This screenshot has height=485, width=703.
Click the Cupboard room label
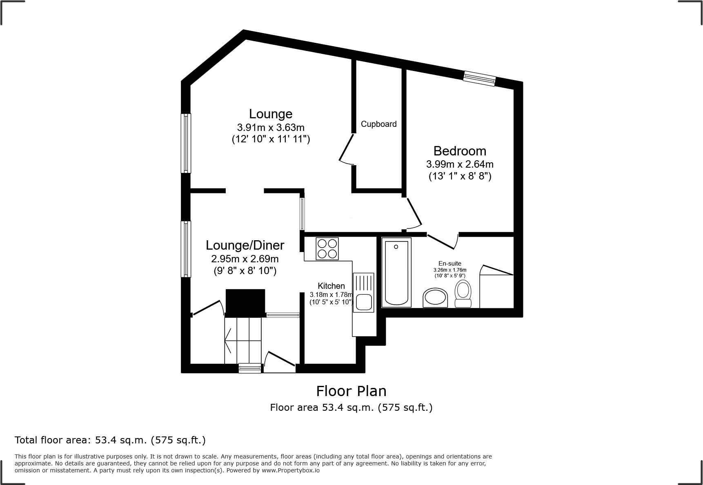[x=378, y=124]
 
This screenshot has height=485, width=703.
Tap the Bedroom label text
[x=460, y=151]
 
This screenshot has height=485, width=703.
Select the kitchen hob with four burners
[x=327, y=248]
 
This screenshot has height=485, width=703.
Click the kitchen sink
[x=363, y=302]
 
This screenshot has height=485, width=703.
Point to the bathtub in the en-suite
[x=396, y=272]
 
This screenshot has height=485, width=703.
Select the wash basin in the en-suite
[x=435, y=298]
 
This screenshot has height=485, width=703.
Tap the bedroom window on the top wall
[x=480, y=78]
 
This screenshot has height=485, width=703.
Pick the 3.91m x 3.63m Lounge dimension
[x=271, y=127]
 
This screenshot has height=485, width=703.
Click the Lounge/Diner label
[x=245, y=245]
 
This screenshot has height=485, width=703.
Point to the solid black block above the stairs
[x=245, y=303]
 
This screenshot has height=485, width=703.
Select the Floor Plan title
[x=351, y=391]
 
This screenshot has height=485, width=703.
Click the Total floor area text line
[x=110, y=440]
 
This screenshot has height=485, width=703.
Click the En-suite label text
[x=450, y=264]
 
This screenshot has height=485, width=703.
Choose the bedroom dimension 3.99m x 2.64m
[x=460, y=164]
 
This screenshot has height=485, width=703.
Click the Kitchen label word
[x=331, y=286]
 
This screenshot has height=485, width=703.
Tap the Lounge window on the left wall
[x=186, y=143]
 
